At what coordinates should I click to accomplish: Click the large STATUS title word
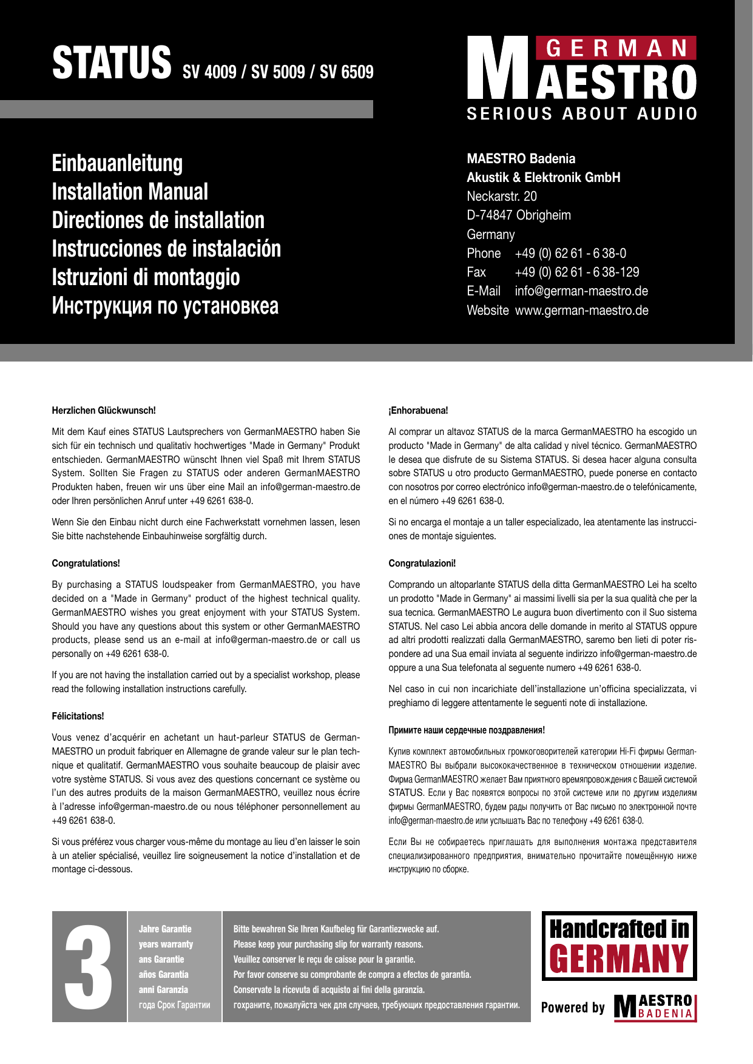112,63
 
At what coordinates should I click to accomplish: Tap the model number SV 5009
278,72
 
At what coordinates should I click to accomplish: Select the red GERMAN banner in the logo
616,49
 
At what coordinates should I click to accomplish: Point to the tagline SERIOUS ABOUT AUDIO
582,113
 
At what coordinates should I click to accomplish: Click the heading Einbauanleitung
117,163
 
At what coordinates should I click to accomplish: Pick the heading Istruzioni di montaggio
146,277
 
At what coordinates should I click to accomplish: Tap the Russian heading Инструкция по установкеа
165,306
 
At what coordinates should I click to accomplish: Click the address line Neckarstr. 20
502,196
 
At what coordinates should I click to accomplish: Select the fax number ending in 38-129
576,272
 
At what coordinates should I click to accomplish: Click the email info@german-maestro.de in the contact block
581,291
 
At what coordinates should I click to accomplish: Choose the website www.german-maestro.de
581,311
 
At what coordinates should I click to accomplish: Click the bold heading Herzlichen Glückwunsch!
104,411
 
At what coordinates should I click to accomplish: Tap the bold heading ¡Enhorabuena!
418,411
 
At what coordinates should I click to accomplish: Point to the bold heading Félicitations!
78,716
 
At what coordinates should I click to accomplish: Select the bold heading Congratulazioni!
422,564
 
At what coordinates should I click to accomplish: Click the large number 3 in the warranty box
89,967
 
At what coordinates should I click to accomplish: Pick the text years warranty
166,944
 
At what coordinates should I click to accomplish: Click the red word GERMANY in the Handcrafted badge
619,960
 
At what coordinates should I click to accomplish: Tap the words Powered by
573,1008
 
